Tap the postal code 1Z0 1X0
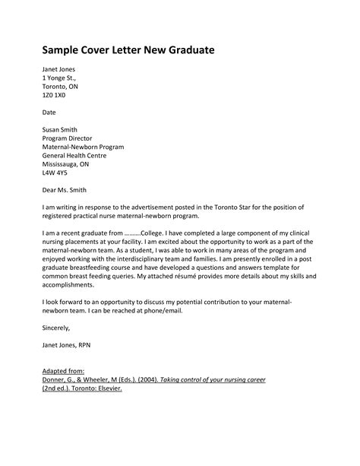pyautogui.click(x=55, y=97)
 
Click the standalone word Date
pyautogui.click(x=49, y=112)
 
